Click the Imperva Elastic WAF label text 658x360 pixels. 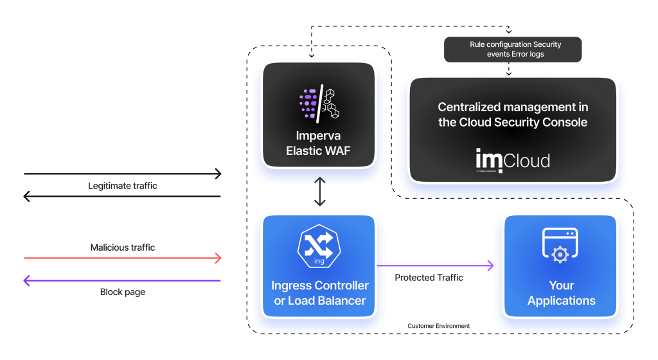pyautogui.click(x=319, y=145)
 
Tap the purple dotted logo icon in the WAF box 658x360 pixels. pyautogui.click(x=308, y=102)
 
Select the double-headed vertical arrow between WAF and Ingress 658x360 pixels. pyautogui.click(x=319, y=192)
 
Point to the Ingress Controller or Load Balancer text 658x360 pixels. pyautogui.click(x=319, y=293)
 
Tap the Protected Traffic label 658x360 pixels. pyautogui.click(x=429, y=278)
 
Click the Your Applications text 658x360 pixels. pyautogui.click(x=561, y=293)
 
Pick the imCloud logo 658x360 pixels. pyautogui.click(x=512, y=159)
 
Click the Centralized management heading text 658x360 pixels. pyautogui.click(x=513, y=114)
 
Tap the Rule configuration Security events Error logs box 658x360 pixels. pyautogui.click(x=513, y=50)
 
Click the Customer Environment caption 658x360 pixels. pyautogui.click(x=438, y=326)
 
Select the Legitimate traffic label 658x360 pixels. pyautogui.click(x=122, y=186)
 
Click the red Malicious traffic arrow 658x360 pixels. pyautogui.click(x=122, y=258)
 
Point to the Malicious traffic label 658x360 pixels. pyautogui.click(x=122, y=248)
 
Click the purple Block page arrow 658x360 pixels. pyautogui.click(x=122, y=280)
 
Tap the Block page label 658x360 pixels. pyautogui.click(x=122, y=292)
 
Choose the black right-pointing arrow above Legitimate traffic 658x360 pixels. pyautogui.click(x=122, y=174)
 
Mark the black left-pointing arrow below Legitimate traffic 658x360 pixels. pyautogui.click(x=122, y=197)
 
